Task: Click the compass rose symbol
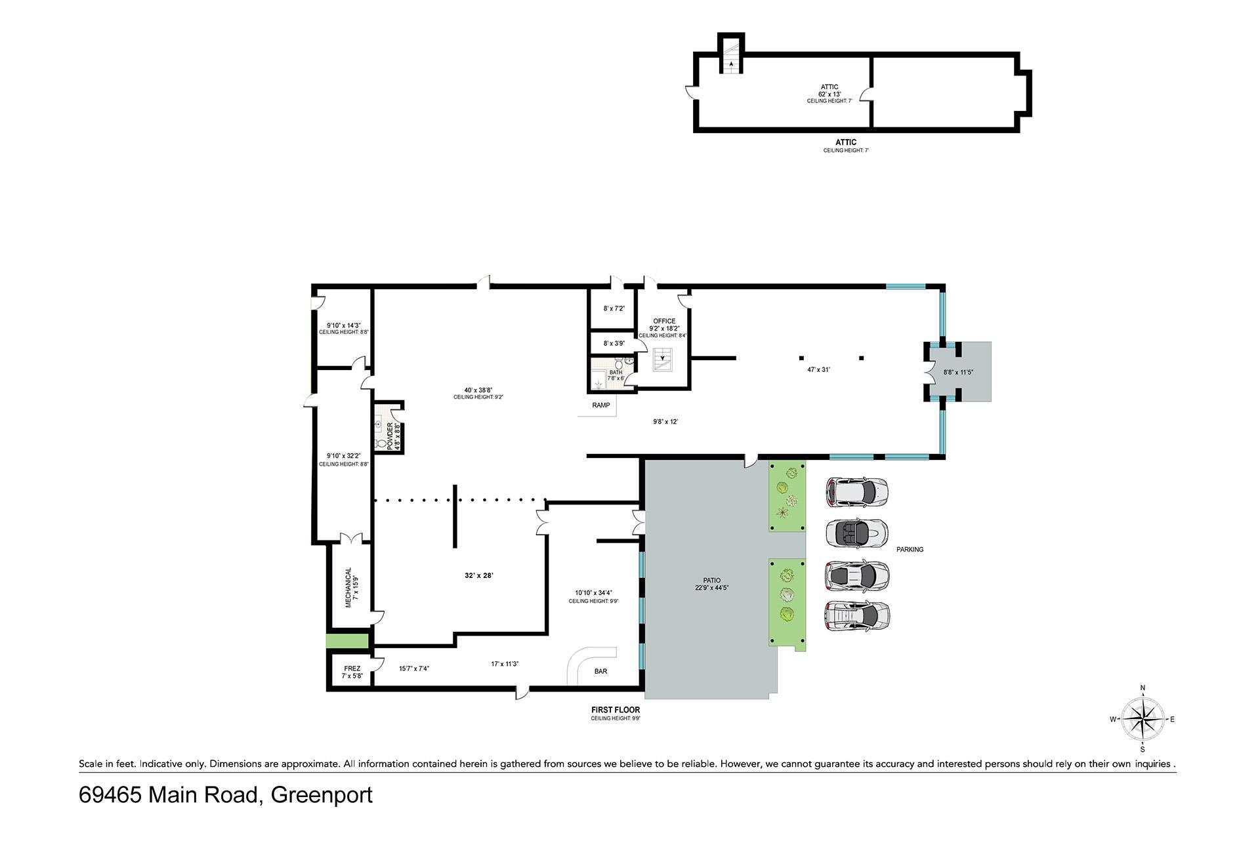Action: tap(1143, 719)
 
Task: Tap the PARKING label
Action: tap(910, 550)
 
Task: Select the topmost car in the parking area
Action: tap(856, 492)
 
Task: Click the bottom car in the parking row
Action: tap(857, 617)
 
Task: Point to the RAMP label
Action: tap(601, 405)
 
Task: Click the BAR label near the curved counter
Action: tap(600, 671)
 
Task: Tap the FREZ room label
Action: tap(352, 668)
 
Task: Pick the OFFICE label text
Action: tap(664, 321)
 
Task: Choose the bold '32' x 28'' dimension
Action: tap(478, 575)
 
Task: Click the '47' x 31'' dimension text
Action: tap(818, 369)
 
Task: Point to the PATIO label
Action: tap(712, 581)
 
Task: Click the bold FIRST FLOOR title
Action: tap(616, 710)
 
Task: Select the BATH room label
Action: tap(616, 373)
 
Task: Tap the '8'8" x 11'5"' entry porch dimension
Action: tap(958, 372)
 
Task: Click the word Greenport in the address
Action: tap(322, 795)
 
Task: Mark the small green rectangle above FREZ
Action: tap(347, 641)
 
